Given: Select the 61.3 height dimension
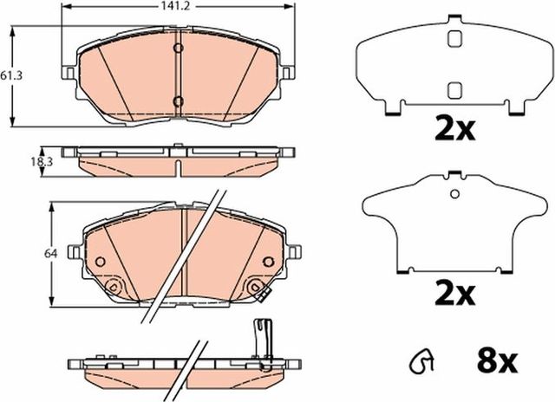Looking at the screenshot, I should tap(11, 76).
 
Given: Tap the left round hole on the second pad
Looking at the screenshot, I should tap(100, 261).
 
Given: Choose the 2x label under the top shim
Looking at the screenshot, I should tap(454, 130).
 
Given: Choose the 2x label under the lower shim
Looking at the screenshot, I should tap(454, 295).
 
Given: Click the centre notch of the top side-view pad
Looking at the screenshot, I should tap(177, 165).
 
